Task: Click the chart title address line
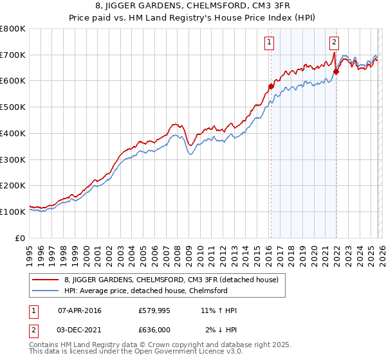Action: (x=193, y=6)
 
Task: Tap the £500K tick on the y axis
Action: (x=13, y=107)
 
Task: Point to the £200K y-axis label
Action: (x=13, y=185)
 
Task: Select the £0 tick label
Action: (x=21, y=238)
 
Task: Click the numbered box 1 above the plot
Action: (x=268, y=43)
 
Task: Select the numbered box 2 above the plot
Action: (x=334, y=43)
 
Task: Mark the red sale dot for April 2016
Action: (x=271, y=85)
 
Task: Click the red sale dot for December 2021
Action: (x=336, y=72)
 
